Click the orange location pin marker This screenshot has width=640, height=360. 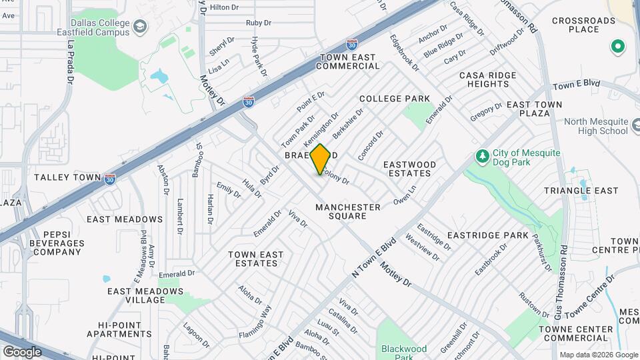click(320, 159)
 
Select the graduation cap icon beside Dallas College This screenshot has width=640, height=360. click(140, 27)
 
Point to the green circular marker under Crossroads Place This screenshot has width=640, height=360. click(617, 47)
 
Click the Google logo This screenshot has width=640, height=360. click(22, 351)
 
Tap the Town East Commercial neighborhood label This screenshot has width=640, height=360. click(348, 61)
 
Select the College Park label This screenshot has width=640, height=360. click(395, 99)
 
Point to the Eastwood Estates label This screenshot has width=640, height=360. click(410, 169)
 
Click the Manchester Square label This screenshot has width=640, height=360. click(348, 211)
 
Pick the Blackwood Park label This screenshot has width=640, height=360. click(404, 352)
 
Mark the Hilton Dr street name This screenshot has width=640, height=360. click(224, 7)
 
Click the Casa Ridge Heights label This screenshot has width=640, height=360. click(484, 80)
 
